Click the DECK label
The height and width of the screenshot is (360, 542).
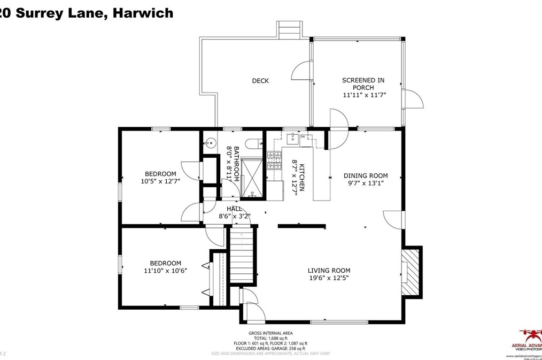(260, 81)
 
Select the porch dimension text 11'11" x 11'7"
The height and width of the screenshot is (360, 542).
(364, 95)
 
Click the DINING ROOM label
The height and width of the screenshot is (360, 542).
(366, 175)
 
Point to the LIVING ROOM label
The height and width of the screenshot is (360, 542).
(329, 271)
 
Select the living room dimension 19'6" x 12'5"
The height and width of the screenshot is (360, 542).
(329, 278)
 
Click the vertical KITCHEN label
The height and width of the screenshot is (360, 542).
(301, 177)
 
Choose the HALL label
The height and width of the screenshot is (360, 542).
(234, 209)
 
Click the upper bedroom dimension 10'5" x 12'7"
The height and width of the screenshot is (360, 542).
(160, 181)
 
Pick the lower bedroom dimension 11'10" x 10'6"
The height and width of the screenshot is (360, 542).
(165, 271)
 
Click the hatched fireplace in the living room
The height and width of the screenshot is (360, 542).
(411, 272)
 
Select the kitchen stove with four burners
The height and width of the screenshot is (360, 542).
(274, 159)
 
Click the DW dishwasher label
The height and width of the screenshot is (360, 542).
(303, 137)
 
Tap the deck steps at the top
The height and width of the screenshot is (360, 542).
(289, 30)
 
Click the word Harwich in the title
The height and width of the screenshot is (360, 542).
(143, 13)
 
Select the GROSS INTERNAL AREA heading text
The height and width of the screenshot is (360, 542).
(270, 333)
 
